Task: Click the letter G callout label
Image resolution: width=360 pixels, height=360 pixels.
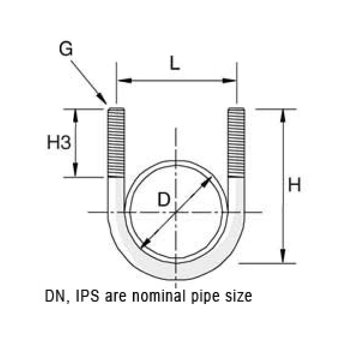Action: click(66, 49)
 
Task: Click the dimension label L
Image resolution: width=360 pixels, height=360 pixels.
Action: click(174, 64)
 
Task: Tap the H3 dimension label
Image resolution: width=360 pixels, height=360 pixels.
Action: click(59, 142)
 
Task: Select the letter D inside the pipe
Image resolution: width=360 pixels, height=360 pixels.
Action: click(163, 199)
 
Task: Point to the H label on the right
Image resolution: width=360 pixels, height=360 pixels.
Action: click(294, 186)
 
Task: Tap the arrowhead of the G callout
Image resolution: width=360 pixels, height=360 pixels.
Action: click(103, 100)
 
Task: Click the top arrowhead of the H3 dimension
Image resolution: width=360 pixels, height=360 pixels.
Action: click(76, 114)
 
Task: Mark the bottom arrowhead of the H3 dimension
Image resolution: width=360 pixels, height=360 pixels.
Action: click(76, 171)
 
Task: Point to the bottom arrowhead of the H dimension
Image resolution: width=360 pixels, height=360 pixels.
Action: click(283, 257)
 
